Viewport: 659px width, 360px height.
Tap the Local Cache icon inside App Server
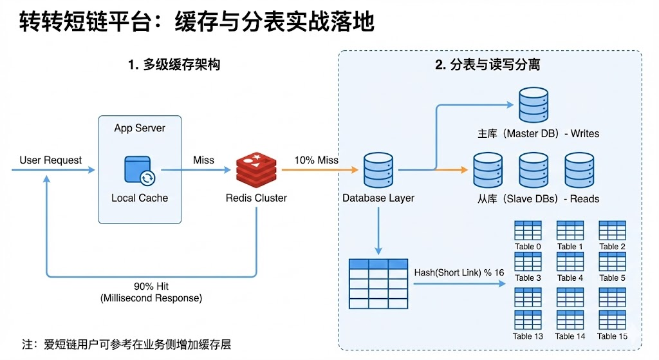point(139,170)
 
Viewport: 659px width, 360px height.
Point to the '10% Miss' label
point(317,160)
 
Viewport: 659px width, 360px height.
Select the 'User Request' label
point(51,160)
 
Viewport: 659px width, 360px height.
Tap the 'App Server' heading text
point(140,128)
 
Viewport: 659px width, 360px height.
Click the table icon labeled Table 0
point(528,230)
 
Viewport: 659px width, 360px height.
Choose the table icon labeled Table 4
point(570,261)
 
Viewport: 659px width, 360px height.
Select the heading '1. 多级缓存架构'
point(174,64)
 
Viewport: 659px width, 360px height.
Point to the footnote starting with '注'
point(126,345)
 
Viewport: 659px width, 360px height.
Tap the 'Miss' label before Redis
point(204,160)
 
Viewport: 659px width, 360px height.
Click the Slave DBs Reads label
point(538,199)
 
